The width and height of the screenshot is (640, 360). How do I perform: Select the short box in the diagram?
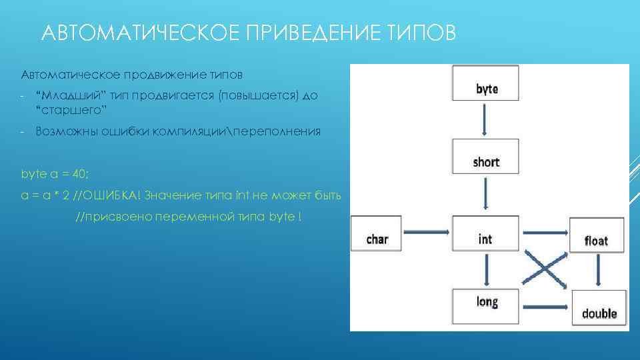(x=485, y=157)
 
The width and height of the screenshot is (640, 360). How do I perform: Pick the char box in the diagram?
(x=377, y=234)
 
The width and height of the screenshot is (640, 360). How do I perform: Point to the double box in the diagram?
(x=599, y=308)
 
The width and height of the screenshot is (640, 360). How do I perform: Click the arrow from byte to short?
(x=485, y=120)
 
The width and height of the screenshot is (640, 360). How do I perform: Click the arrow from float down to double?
(x=598, y=271)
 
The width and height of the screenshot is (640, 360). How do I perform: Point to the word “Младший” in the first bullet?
(x=69, y=95)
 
